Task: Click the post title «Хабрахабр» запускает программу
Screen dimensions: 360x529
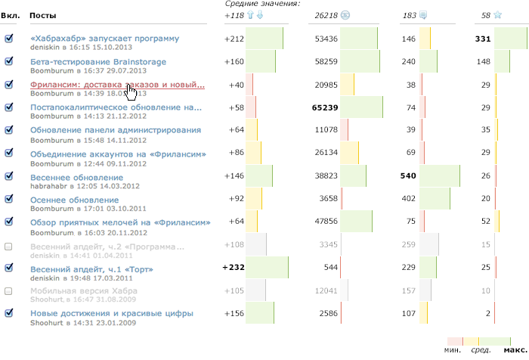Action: pos(104,39)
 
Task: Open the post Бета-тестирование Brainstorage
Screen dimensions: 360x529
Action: pos(98,61)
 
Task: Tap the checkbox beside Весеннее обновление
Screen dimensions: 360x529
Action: pos(8,175)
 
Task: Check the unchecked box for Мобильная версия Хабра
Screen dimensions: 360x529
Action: pos(8,290)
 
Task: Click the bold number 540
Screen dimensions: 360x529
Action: pos(408,176)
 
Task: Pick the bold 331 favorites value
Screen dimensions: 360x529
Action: pos(483,39)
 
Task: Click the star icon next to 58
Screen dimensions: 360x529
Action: pos(498,14)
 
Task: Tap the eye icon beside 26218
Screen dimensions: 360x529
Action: pos(345,14)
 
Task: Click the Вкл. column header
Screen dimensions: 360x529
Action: pos(12,15)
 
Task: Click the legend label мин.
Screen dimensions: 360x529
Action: pos(453,349)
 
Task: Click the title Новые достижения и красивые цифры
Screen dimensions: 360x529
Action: pos(112,313)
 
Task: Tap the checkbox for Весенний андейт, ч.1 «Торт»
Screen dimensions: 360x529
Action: pos(8,267)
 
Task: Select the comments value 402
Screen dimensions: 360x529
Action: pos(410,199)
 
